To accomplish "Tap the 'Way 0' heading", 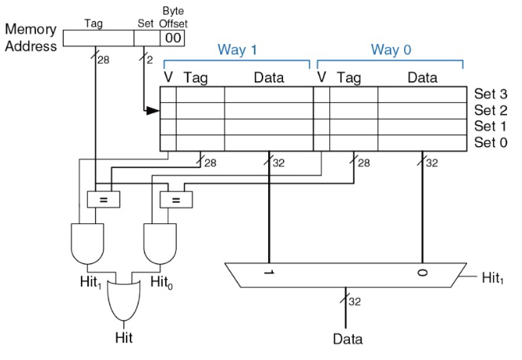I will click(391, 50).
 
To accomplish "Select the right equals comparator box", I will click(175, 200).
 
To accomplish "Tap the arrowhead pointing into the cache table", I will click(153, 111).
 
